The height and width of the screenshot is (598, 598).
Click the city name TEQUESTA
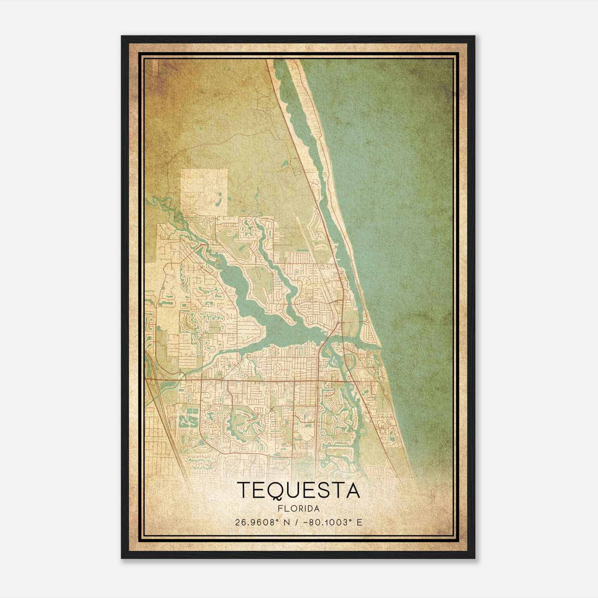298,490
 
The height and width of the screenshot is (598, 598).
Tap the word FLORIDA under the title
298,509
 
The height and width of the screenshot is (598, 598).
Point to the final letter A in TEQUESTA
352,490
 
